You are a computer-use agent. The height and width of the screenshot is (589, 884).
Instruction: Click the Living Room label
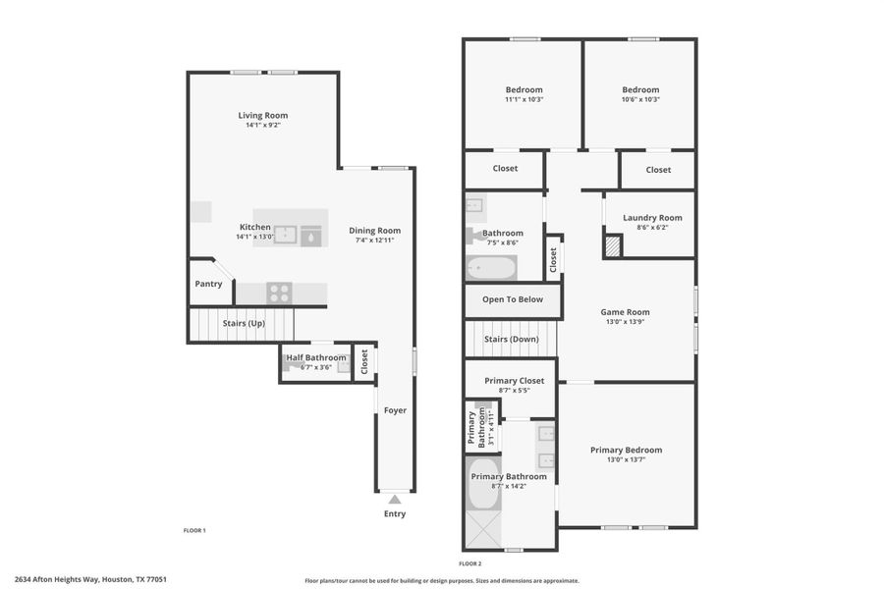(x=262, y=115)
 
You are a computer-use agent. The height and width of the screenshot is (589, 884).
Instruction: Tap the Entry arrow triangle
(x=394, y=500)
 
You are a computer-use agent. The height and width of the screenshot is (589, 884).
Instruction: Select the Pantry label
(x=208, y=284)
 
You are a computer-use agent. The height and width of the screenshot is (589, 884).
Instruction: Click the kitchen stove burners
(x=280, y=293)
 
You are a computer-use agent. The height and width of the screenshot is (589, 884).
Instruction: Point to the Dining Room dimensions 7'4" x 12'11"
(x=375, y=241)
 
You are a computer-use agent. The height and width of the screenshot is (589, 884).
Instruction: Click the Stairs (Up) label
(x=244, y=323)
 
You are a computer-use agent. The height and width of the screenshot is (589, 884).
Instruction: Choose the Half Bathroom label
(x=315, y=357)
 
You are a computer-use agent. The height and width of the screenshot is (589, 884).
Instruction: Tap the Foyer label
(x=394, y=410)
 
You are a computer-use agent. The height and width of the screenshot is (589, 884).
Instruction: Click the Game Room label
(x=626, y=312)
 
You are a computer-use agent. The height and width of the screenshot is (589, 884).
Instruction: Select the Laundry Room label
(x=652, y=217)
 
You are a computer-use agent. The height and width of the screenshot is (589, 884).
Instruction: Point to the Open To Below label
(x=512, y=299)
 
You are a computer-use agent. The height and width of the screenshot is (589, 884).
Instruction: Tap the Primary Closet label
(x=514, y=380)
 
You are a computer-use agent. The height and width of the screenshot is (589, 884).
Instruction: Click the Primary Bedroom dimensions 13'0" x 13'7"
(x=626, y=459)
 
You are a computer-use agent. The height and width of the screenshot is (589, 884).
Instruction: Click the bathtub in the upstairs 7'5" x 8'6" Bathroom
(x=490, y=267)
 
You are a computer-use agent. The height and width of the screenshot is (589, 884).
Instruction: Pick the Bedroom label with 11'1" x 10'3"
(x=524, y=89)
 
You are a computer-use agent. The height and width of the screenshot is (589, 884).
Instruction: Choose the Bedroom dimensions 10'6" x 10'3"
(x=640, y=99)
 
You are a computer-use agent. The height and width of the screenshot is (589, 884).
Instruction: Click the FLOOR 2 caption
(x=470, y=563)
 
